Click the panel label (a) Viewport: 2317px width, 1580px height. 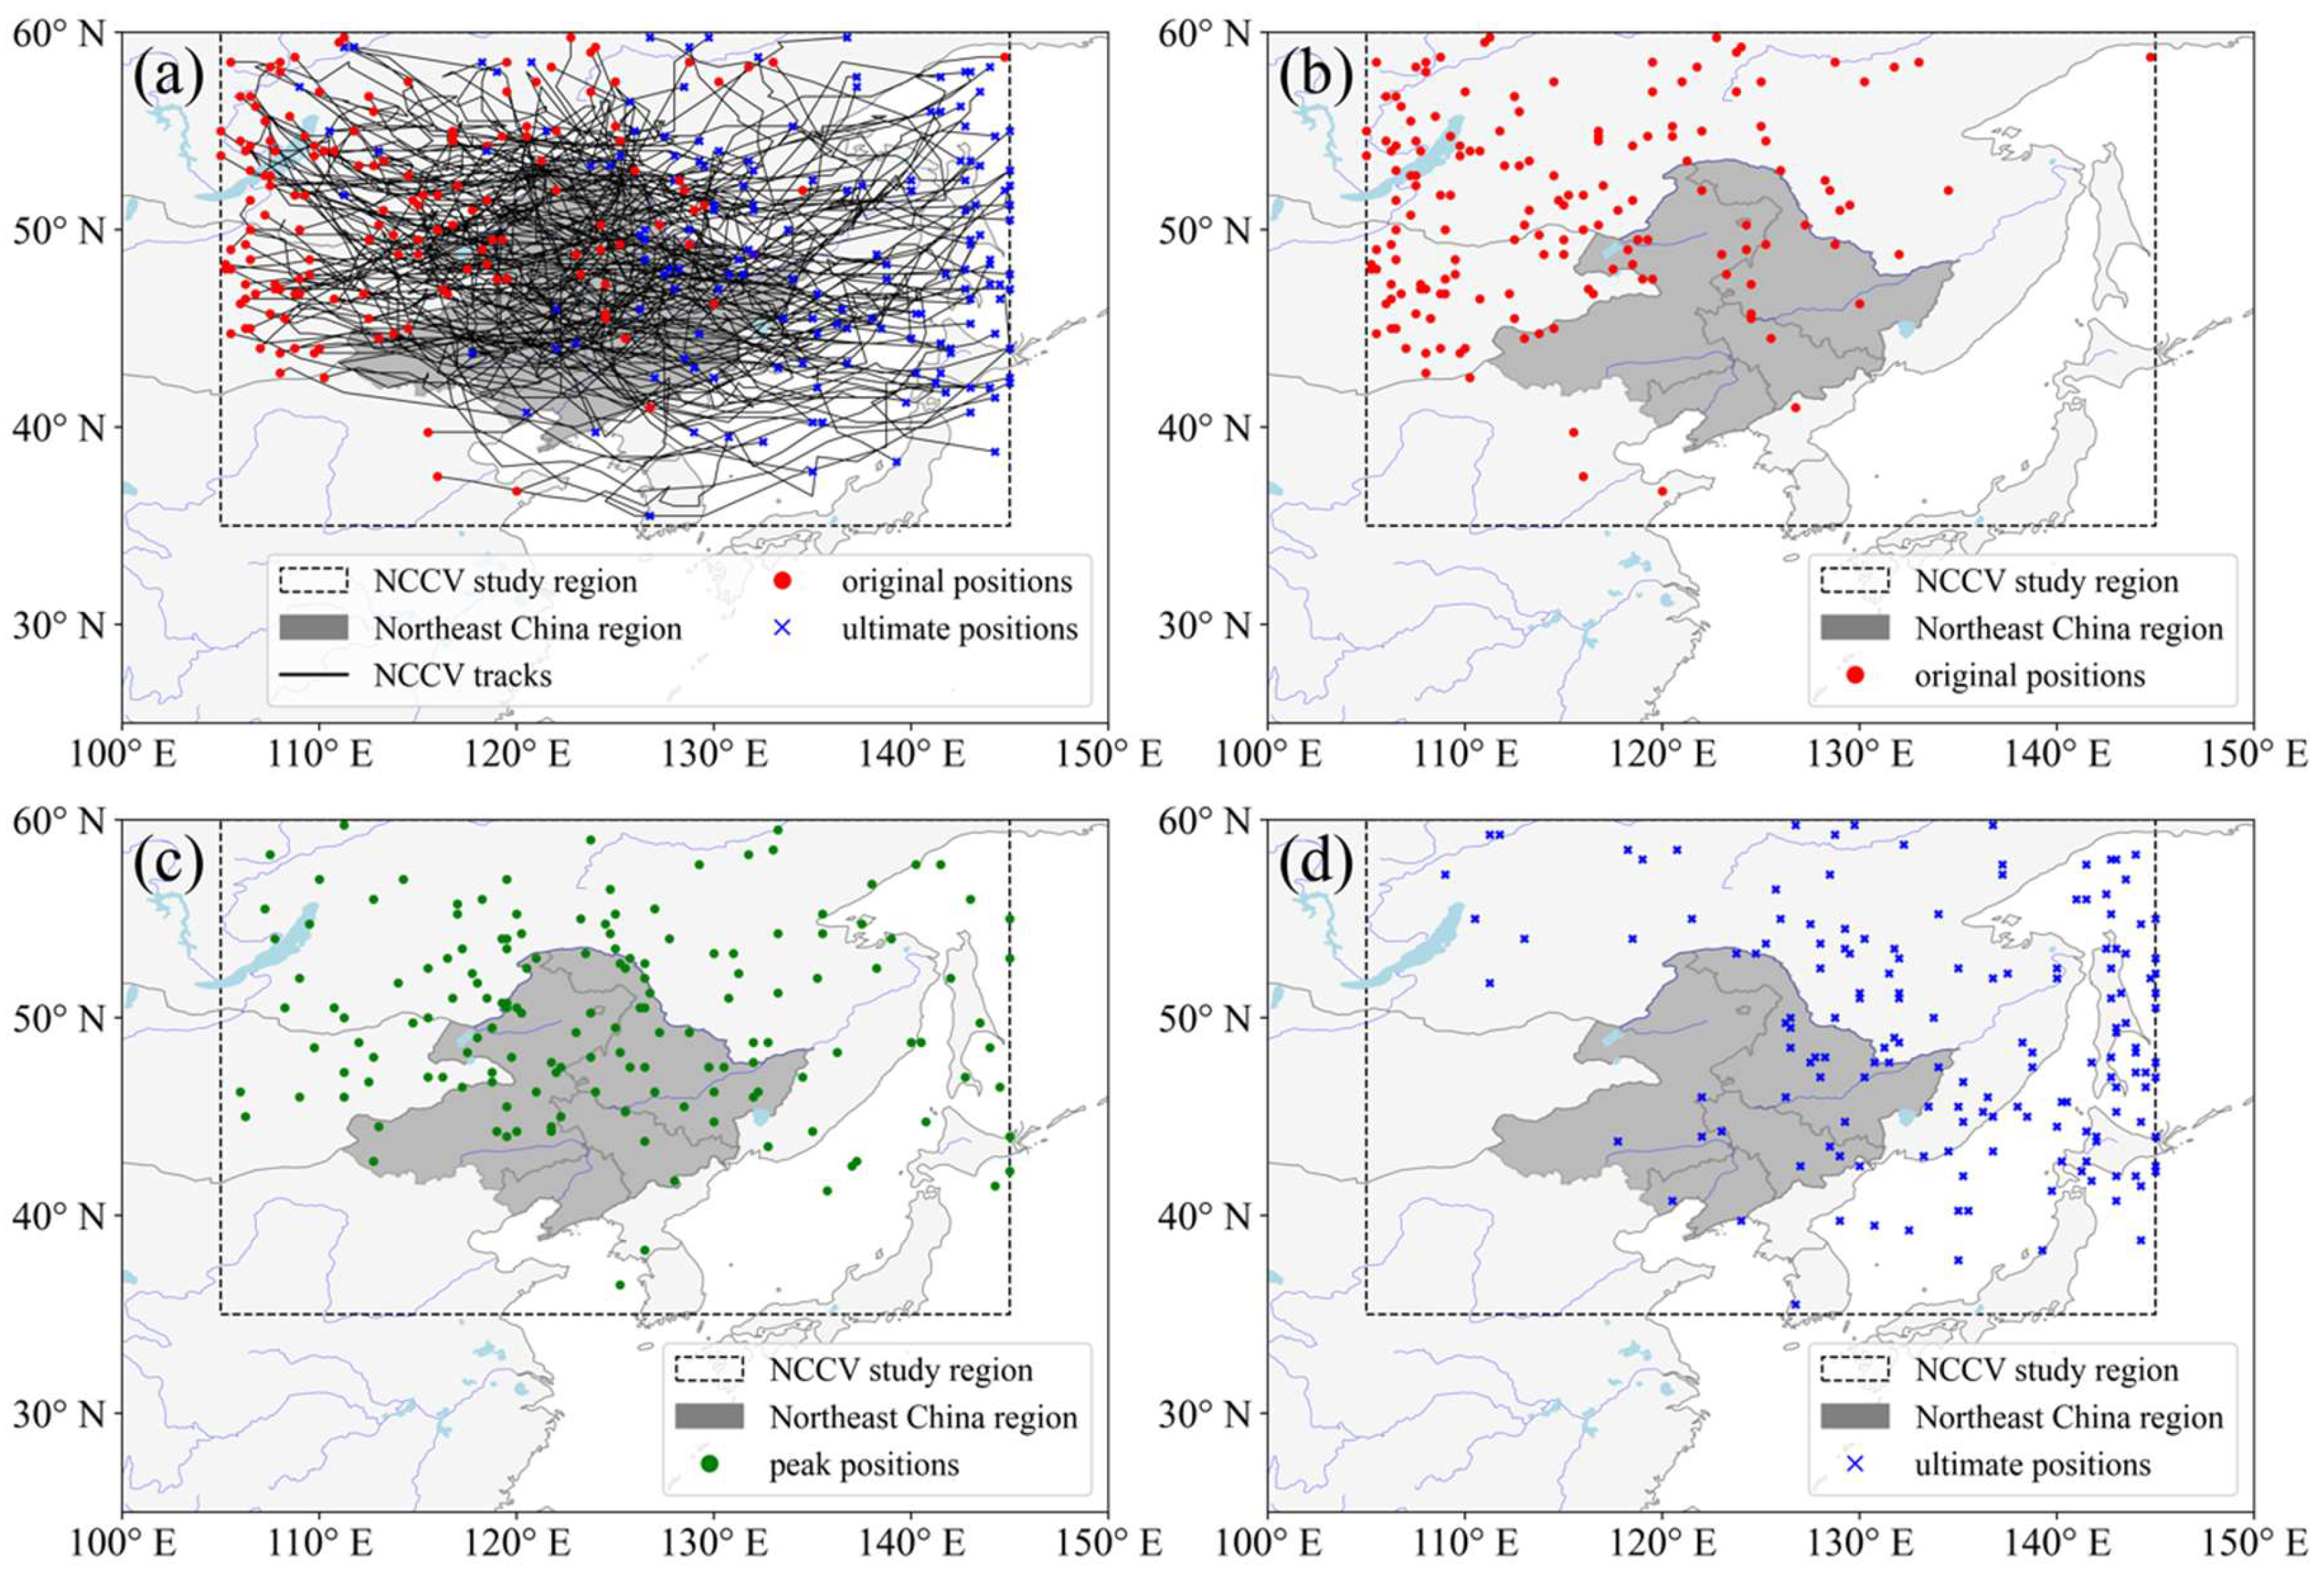coord(169,76)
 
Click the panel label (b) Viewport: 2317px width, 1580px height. coord(1316,76)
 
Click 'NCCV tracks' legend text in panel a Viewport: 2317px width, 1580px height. coord(463,676)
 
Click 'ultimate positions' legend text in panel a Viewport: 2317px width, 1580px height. coord(959,629)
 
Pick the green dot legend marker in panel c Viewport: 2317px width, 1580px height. coord(710,1465)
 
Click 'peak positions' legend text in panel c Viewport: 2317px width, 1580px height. coord(863,1465)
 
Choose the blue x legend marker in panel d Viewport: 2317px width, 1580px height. coord(1854,1465)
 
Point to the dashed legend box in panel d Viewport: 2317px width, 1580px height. coord(1854,1370)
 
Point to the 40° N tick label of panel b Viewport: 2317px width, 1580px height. coord(1204,428)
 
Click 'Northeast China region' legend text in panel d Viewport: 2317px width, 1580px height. coord(2069,1417)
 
